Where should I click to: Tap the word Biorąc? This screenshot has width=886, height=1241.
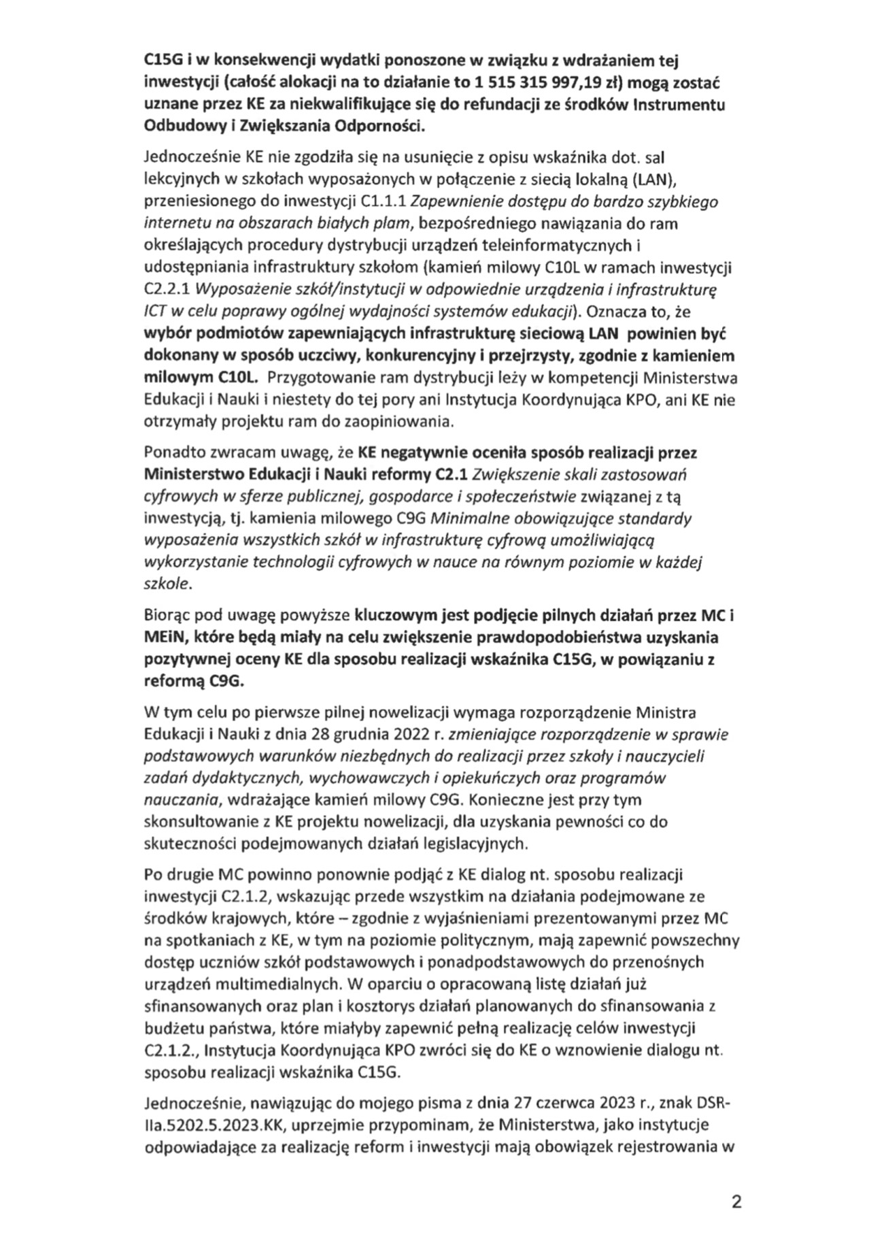167,616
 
